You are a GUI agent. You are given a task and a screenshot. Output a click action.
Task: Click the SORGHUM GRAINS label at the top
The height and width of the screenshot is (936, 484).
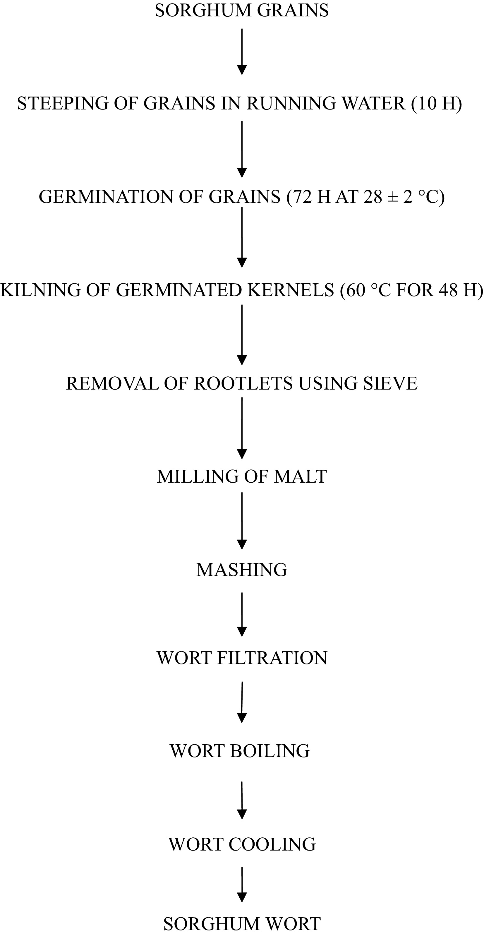tap(242, 10)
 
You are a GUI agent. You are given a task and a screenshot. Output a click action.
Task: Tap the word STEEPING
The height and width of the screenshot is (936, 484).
tap(63, 104)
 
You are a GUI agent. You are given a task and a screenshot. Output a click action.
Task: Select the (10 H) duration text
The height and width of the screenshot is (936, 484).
tap(436, 104)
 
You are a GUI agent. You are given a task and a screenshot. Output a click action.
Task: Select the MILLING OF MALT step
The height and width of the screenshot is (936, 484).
tap(242, 477)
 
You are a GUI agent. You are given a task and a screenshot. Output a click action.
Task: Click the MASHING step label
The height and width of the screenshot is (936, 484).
tap(242, 570)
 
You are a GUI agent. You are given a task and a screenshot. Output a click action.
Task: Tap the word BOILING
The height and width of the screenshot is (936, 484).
tap(270, 751)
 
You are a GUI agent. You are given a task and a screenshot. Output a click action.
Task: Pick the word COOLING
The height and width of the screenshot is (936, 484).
tap(272, 844)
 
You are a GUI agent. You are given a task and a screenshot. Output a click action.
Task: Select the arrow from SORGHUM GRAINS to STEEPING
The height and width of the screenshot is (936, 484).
tap(242, 52)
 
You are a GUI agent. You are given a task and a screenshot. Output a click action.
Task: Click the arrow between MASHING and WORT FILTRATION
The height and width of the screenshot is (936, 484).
tap(242, 614)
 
